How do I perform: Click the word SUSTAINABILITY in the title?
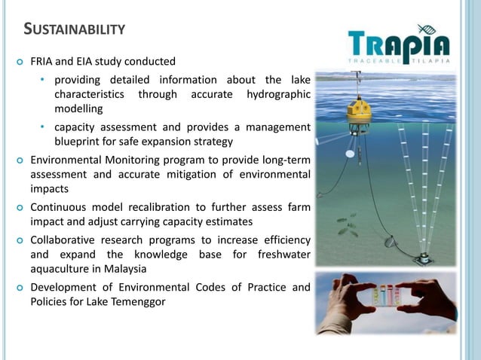(74, 29)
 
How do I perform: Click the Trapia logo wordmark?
(399, 44)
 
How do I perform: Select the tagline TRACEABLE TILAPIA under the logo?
(399, 61)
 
